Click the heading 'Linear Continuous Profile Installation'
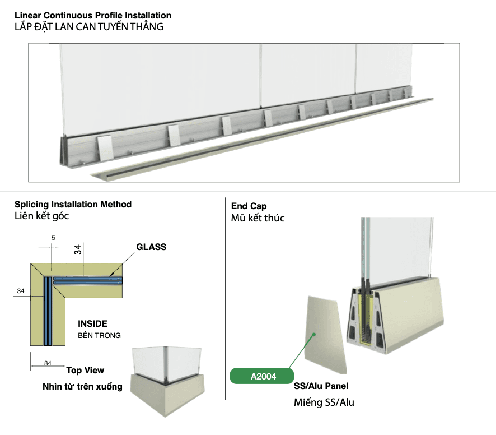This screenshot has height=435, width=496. pyautogui.click(x=93, y=16)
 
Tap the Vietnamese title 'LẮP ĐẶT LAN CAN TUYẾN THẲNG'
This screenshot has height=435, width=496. pyautogui.click(x=89, y=27)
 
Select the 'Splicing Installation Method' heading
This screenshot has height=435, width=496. pyautogui.click(x=73, y=205)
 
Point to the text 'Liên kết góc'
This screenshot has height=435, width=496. pyautogui.click(x=41, y=216)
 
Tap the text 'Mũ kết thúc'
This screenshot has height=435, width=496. pyautogui.click(x=258, y=218)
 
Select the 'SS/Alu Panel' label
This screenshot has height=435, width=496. pyautogui.click(x=321, y=386)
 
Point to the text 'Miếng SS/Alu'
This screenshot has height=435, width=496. pyautogui.click(x=324, y=402)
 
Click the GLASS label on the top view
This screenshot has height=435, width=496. pyautogui.click(x=151, y=247)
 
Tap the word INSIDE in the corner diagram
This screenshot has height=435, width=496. pyautogui.click(x=92, y=324)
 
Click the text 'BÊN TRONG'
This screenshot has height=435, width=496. pyautogui.click(x=99, y=336)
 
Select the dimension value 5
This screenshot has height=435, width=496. pyautogui.click(x=53, y=238)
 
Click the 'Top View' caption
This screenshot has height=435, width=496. pyautogui.click(x=85, y=371)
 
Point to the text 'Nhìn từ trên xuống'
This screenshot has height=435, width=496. pyautogui.click(x=82, y=387)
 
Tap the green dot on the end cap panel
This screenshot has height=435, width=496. pyautogui.click(x=315, y=335)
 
